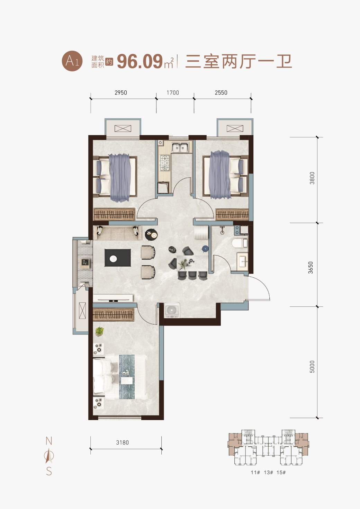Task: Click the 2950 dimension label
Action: tap(120, 93)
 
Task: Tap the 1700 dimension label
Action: tap(173, 93)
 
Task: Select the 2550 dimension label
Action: tap(221, 93)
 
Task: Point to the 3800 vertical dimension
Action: tap(312, 178)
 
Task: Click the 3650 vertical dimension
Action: tap(310, 268)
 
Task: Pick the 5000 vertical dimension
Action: tap(312, 367)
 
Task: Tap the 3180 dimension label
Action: tap(123, 443)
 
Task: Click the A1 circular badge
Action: tap(72, 61)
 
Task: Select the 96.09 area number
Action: tap(140, 62)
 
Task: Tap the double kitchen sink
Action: tap(180, 147)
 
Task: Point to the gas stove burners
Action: tap(165, 163)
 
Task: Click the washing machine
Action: tap(172, 310)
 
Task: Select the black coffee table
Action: tap(118, 258)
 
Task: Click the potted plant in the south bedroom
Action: tap(99, 331)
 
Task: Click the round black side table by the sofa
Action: tap(151, 234)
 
